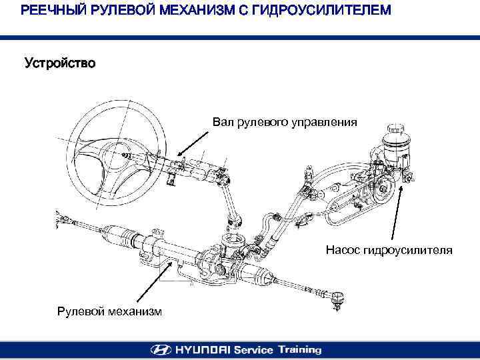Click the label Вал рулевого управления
click(285, 122)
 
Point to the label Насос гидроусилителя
click(389, 251)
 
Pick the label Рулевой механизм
click(109, 311)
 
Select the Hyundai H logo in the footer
click(161, 349)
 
